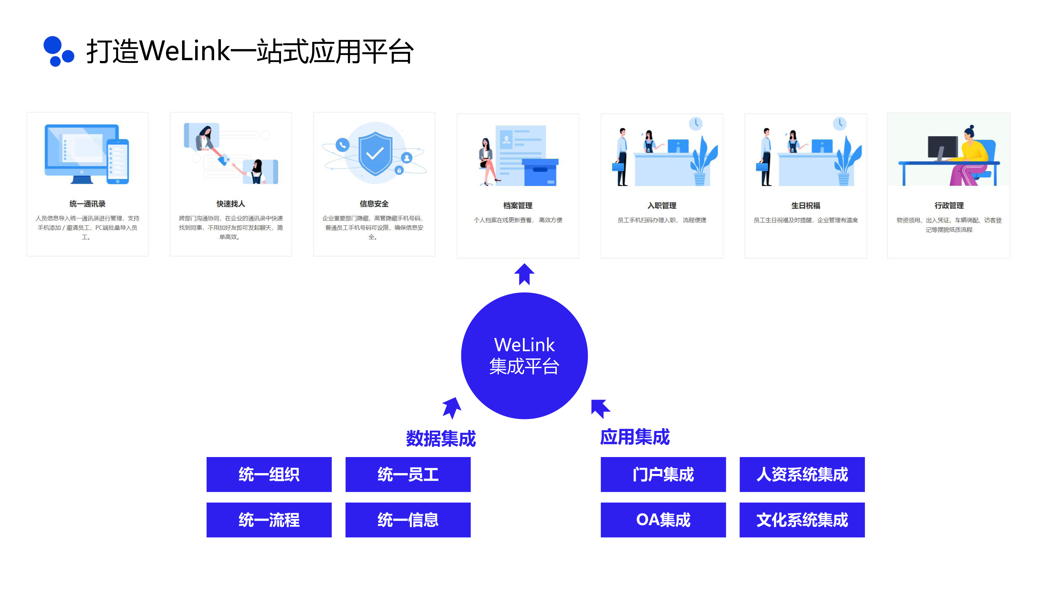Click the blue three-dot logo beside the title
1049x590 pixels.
pyautogui.click(x=58, y=51)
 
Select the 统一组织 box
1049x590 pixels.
pyautogui.click(x=269, y=474)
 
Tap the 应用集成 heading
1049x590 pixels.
pyautogui.click(x=635, y=437)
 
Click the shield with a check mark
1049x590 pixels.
pyautogui.click(x=375, y=153)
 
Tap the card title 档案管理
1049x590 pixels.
pyautogui.click(x=518, y=206)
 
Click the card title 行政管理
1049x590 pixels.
pyautogui.click(x=949, y=206)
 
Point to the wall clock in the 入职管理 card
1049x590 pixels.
pyautogui.click(x=696, y=123)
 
